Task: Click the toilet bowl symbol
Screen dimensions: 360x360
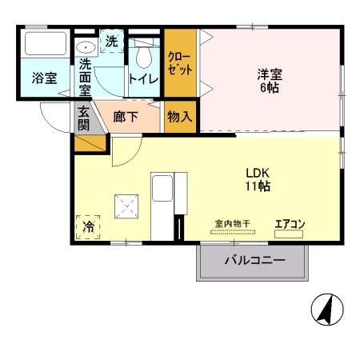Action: point(143,55)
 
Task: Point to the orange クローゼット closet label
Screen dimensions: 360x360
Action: point(178,62)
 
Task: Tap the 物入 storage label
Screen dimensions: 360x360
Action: point(178,116)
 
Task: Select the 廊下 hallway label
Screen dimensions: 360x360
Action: point(126,117)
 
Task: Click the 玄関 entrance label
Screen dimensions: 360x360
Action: point(84,119)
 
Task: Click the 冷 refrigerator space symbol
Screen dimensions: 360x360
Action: point(89,227)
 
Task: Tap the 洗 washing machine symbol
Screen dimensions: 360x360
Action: point(112,41)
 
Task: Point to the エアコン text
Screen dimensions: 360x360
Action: point(290,224)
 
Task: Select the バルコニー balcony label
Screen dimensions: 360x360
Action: point(254,261)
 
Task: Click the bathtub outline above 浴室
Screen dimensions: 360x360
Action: point(44,45)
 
